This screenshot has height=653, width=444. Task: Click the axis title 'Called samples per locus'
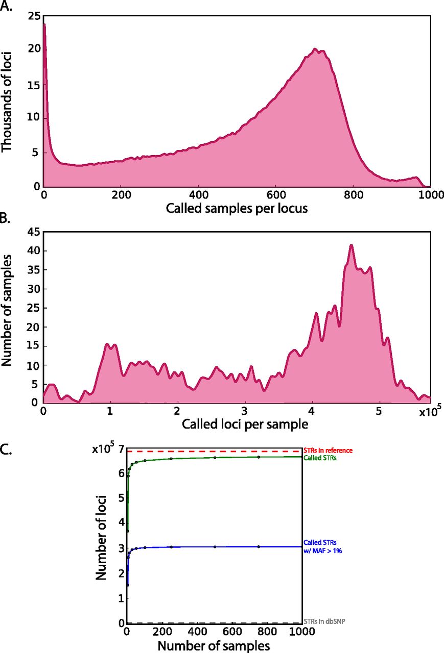pyautogui.click(x=237, y=208)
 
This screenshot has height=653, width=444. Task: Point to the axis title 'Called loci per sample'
pyautogui.click(x=237, y=424)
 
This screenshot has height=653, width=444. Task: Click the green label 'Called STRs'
pyautogui.click(x=320, y=458)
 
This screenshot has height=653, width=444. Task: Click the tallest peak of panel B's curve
pyautogui.click(x=351, y=245)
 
